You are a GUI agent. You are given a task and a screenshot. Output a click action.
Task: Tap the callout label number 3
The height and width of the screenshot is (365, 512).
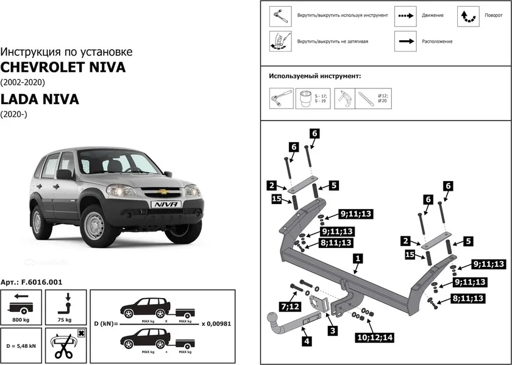333,330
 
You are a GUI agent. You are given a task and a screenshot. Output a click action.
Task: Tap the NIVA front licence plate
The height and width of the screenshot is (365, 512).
165,205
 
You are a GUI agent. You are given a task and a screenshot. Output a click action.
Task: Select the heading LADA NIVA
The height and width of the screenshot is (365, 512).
40,99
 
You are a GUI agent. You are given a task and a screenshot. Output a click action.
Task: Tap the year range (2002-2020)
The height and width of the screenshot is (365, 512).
23,82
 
